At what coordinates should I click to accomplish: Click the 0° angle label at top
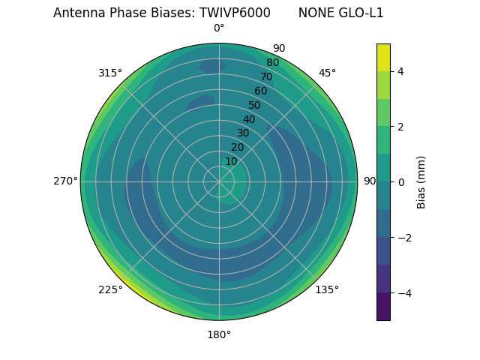coord(219,28)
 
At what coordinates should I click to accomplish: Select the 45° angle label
coord(327,73)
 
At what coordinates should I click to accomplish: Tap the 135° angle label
coord(327,289)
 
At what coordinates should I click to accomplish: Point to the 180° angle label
coord(219,334)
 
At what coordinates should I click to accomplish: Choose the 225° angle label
coord(110,289)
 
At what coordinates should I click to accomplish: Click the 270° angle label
coord(65,181)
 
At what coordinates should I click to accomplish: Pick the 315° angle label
coord(110,73)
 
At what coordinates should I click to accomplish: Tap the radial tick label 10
coord(231,161)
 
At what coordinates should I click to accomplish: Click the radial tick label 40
coord(249,119)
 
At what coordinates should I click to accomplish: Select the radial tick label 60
coord(260,91)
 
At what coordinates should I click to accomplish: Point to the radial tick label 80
coord(272,62)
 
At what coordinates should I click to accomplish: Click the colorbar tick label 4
coord(400,71)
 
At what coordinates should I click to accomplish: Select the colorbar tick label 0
coord(400,182)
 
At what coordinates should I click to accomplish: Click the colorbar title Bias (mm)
coord(421,182)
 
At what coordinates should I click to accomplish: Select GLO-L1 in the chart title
coord(362,13)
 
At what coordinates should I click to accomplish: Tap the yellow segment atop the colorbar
coord(383,57)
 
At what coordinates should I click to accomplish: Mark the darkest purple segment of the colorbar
coord(383,307)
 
